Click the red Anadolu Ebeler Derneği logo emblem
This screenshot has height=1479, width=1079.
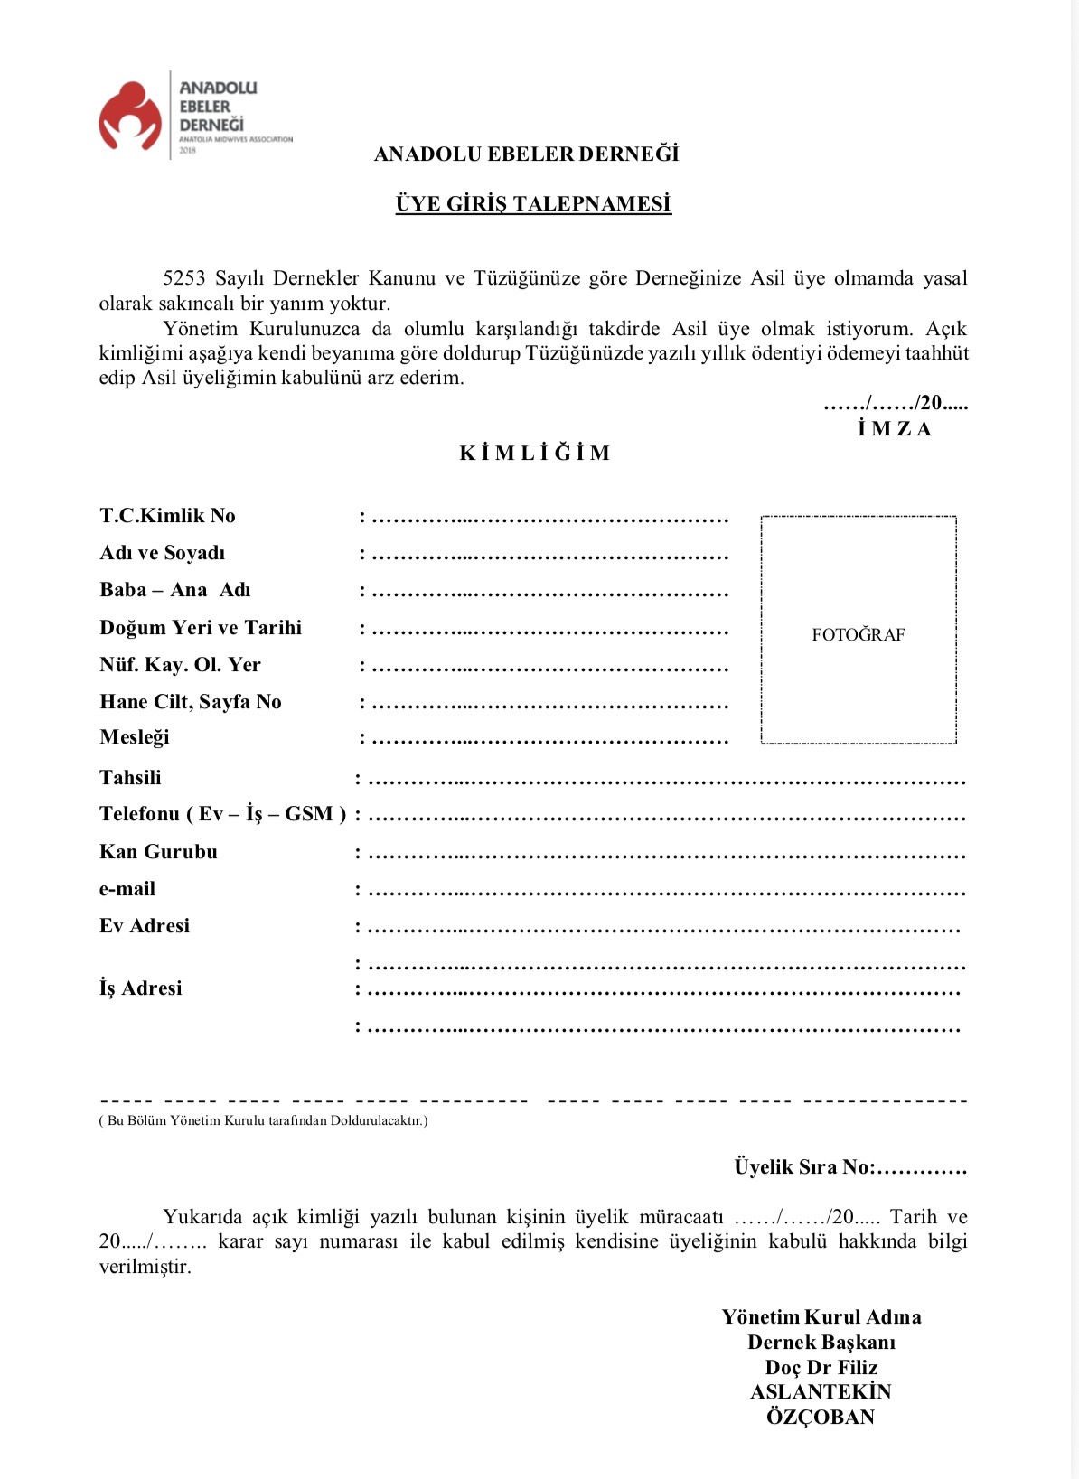pos(130,116)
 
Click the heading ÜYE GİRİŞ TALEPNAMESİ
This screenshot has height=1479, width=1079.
pos(533,204)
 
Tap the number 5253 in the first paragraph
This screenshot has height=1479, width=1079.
pos(184,278)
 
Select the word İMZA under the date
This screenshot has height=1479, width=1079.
pos(894,428)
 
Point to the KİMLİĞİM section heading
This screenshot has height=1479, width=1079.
pos(535,453)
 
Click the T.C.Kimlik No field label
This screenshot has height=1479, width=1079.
pos(167,516)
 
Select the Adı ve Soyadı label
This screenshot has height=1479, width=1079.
pos(163,553)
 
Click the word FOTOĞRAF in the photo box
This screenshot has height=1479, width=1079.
pos(858,635)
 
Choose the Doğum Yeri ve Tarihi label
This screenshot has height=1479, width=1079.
pos(201,628)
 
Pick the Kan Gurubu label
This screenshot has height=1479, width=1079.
pos(158,852)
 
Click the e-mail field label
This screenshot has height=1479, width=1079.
pos(127,889)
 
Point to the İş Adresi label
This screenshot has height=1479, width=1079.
pos(140,988)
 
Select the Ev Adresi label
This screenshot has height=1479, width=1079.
pos(145,926)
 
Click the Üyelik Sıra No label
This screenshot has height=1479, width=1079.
pos(803,1167)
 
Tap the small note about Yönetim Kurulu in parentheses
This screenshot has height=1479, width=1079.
pos(263,1121)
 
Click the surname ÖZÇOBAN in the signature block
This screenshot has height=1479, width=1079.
pos(821,1417)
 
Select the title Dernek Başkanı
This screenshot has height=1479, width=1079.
pos(821,1343)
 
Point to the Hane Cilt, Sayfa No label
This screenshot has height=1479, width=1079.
pos(191,702)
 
